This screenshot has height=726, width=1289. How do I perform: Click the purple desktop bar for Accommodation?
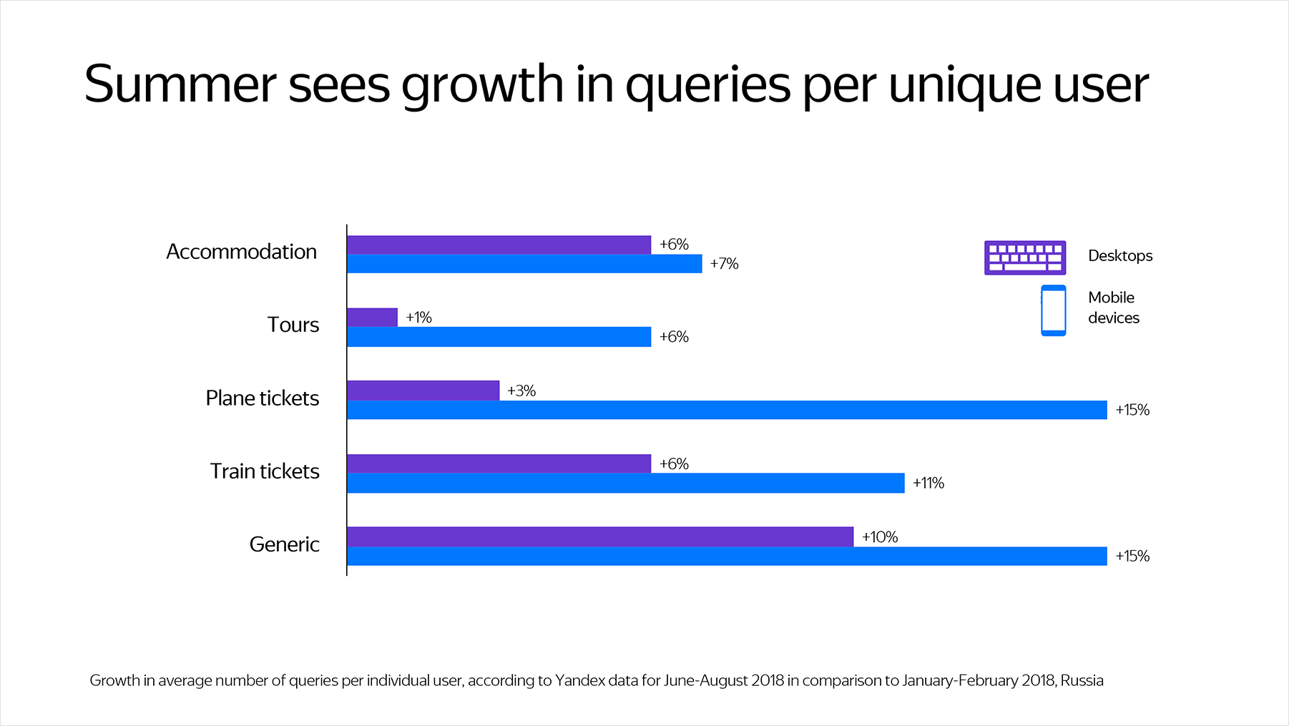499,245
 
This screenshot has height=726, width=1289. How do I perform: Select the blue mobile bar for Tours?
499,337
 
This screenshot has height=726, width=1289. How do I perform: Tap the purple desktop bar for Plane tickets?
423,391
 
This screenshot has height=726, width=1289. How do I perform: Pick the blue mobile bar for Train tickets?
625,484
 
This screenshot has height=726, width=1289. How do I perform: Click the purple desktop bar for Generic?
599,536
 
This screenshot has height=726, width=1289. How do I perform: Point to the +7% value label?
724,264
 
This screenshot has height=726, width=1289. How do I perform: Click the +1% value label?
418,318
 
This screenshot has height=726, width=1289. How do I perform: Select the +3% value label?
521,391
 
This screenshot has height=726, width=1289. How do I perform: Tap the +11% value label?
928,484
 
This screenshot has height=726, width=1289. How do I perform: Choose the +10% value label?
880,537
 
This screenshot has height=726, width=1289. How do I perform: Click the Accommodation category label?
241,252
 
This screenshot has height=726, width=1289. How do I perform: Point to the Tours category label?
293,325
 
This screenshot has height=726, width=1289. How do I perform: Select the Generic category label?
284,544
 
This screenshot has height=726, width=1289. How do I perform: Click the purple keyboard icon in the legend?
1024,257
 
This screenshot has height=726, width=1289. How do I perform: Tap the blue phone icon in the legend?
1053,310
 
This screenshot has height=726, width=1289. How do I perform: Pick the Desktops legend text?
1120,256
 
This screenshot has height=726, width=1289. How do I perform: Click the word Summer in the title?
180,84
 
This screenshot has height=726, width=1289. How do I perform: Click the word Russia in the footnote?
1082,680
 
